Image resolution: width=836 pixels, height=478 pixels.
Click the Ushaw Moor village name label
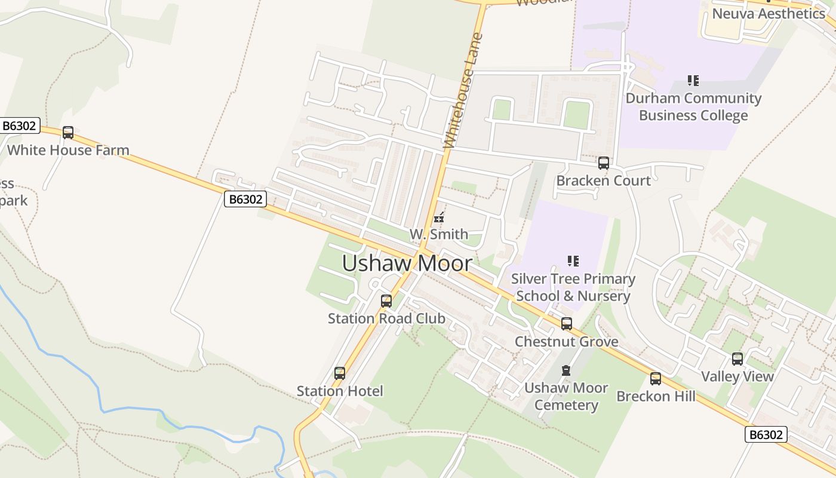tap(407, 263)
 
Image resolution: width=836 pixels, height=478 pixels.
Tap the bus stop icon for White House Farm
tap(68, 133)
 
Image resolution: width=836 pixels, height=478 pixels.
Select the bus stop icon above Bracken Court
tap(604, 163)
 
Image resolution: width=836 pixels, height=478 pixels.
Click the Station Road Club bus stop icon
tap(386, 301)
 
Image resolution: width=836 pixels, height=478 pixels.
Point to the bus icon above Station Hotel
tap(340, 373)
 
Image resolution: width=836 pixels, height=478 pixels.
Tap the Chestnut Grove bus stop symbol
tap(567, 324)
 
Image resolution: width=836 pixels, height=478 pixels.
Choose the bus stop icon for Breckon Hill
tap(656, 378)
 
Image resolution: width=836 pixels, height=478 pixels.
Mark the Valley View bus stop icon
tap(737, 358)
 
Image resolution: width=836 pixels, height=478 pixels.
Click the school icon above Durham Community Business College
tap(693, 80)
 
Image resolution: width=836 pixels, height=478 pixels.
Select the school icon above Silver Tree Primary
tap(573, 261)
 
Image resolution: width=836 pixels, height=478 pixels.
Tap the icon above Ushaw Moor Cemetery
tap(566, 370)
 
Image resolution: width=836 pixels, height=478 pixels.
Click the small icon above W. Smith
tap(439, 217)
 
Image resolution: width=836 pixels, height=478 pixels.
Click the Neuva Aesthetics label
tap(769, 13)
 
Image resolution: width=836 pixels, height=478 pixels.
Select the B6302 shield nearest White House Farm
tap(20, 125)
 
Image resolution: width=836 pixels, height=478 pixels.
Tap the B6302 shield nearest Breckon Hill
tap(766, 434)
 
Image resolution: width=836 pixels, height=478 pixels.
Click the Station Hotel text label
tap(340, 391)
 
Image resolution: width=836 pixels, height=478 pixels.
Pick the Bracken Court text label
tap(604, 180)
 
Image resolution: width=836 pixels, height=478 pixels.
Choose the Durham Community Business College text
tap(693, 107)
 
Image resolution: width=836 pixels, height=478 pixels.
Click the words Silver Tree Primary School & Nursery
tap(573, 287)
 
